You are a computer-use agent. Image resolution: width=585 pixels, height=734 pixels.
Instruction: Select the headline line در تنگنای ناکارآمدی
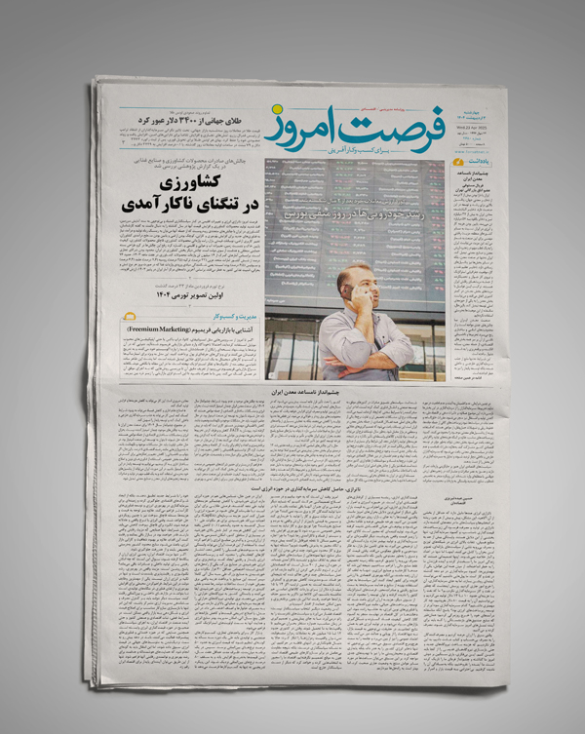click(185, 206)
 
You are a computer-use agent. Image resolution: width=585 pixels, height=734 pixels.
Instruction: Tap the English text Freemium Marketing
click(160, 331)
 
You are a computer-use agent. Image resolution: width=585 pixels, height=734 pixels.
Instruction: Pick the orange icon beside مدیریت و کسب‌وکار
click(134, 318)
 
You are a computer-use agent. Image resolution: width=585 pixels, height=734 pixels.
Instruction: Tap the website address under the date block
click(475, 150)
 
